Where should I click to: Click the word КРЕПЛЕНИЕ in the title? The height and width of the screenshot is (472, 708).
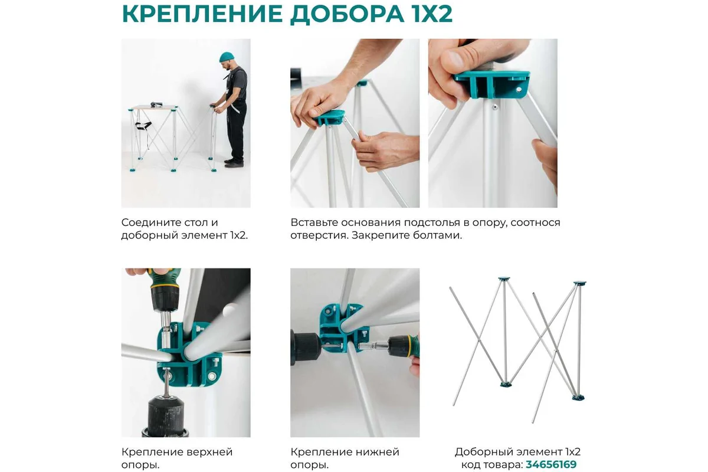[x=202, y=14]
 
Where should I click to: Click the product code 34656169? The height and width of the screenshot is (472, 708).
[x=551, y=464]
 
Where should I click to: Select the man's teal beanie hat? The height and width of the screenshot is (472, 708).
[x=227, y=57]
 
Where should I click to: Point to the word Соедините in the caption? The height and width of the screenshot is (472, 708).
[x=147, y=222]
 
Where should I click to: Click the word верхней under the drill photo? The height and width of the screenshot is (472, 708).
[x=209, y=452]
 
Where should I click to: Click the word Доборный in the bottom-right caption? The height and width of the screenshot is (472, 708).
[x=477, y=452]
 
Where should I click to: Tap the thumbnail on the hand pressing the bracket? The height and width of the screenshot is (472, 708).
[x=455, y=58]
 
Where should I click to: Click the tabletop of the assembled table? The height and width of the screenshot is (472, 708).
[x=154, y=107]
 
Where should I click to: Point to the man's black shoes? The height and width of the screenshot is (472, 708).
[x=234, y=162]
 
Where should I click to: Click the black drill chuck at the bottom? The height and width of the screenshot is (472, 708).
[x=166, y=416]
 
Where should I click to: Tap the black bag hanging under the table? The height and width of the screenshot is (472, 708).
[x=143, y=126]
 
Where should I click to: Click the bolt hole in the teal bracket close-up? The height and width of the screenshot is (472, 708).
[x=519, y=90]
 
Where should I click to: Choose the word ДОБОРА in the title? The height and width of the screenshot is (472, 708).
[x=348, y=14]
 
